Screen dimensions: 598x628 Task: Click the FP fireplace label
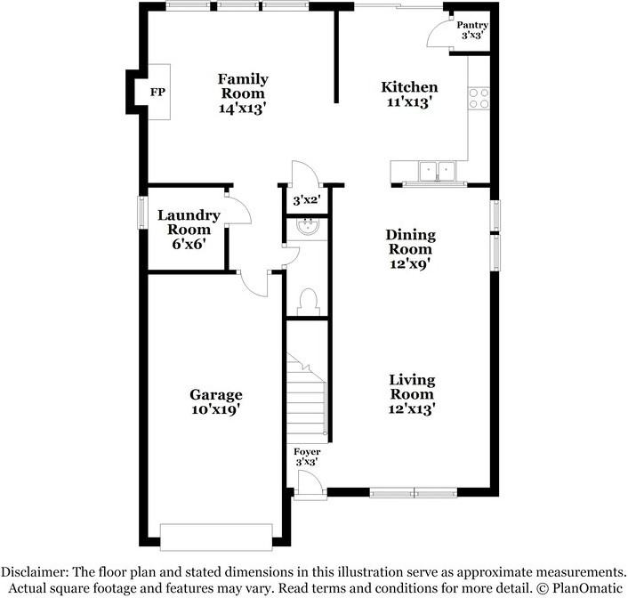point(157,93)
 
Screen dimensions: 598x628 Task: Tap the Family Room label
point(243,93)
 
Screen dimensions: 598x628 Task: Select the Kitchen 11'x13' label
point(409,94)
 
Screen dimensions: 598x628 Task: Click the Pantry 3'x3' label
point(471,31)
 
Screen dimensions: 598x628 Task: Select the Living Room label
point(411,394)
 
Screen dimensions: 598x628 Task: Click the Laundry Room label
point(189,229)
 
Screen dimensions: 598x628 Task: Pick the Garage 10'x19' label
point(215,402)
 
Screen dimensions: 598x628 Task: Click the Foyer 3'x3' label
point(308,457)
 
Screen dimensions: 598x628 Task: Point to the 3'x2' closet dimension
point(307,201)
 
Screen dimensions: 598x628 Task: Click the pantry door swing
point(439,34)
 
